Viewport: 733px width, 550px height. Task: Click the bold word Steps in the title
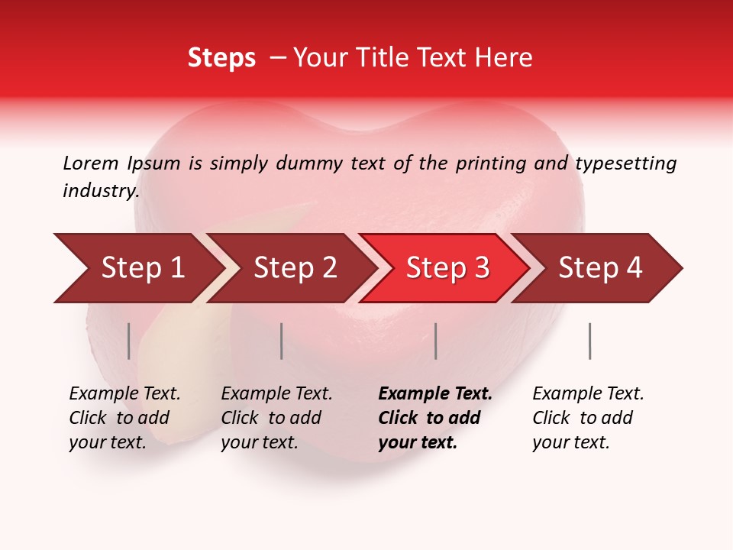pyautogui.click(x=221, y=58)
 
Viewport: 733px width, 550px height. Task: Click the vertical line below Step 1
pyautogui.click(x=129, y=341)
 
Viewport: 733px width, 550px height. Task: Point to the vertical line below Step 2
pyautogui.click(x=282, y=341)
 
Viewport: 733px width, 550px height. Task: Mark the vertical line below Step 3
pyautogui.click(x=435, y=341)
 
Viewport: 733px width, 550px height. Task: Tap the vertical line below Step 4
pyautogui.click(x=589, y=341)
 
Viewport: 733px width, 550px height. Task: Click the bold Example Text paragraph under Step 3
pyautogui.click(x=435, y=418)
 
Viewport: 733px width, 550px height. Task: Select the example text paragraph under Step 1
pyautogui.click(x=124, y=418)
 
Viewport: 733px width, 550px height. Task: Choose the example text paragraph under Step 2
pyautogui.click(x=276, y=418)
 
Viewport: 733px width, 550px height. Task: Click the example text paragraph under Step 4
pyautogui.click(x=588, y=418)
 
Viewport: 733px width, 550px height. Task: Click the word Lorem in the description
pyautogui.click(x=91, y=163)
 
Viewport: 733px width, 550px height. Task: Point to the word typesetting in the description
pyautogui.click(x=625, y=163)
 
